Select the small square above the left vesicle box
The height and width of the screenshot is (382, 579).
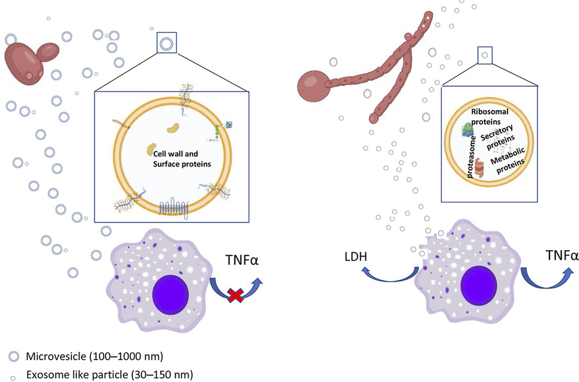167,44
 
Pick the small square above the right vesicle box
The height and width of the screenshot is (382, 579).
485,55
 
